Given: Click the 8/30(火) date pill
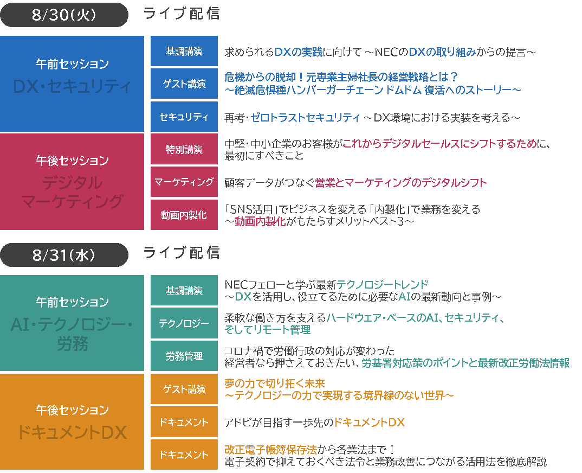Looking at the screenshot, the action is pyautogui.click(x=64, y=15).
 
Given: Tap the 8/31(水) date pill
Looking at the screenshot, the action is pyautogui.click(x=64, y=254).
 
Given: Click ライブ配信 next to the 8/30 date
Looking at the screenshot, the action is pyautogui.click(x=182, y=14).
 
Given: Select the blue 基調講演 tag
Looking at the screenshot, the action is pyautogui.click(x=184, y=52).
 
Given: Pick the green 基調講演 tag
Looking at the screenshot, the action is pyautogui.click(x=184, y=290).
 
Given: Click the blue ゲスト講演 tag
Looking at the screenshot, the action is pyautogui.click(x=184, y=84).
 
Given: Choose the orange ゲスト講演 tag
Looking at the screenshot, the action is pyautogui.click(x=184, y=389).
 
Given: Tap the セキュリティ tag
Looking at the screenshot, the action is pyautogui.click(x=184, y=117).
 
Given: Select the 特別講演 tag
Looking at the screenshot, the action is pyautogui.click(x=184, y=149).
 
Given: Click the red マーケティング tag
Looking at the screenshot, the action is pyautogui.click(x=184, y=182).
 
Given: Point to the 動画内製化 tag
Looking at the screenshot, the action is pyautogui.click(x=184, y=215).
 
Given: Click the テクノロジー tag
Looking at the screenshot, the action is pyautogui.click(x=184, y=323).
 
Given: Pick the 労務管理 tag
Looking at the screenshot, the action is pyautogui.click(x=184, y=356).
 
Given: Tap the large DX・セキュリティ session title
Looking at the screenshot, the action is pyautogui.click(x=72, y=86).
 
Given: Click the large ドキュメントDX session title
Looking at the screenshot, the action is pyautogui.click(x=72, y=432).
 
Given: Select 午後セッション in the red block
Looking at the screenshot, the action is pyautogui.click(x=72, y=161).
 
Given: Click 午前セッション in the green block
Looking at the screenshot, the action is pyautogui.click(x=72, y=302).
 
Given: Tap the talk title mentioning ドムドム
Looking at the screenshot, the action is pyautogui.click(x=373, y=90).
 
